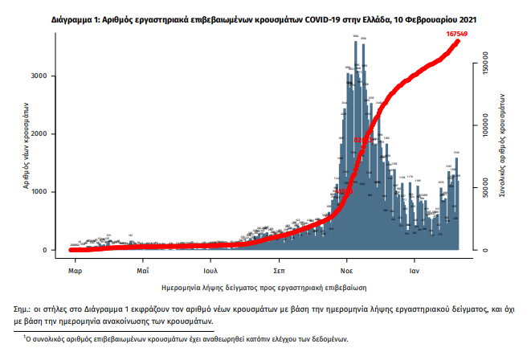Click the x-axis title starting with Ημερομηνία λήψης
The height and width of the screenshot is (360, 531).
264,286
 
